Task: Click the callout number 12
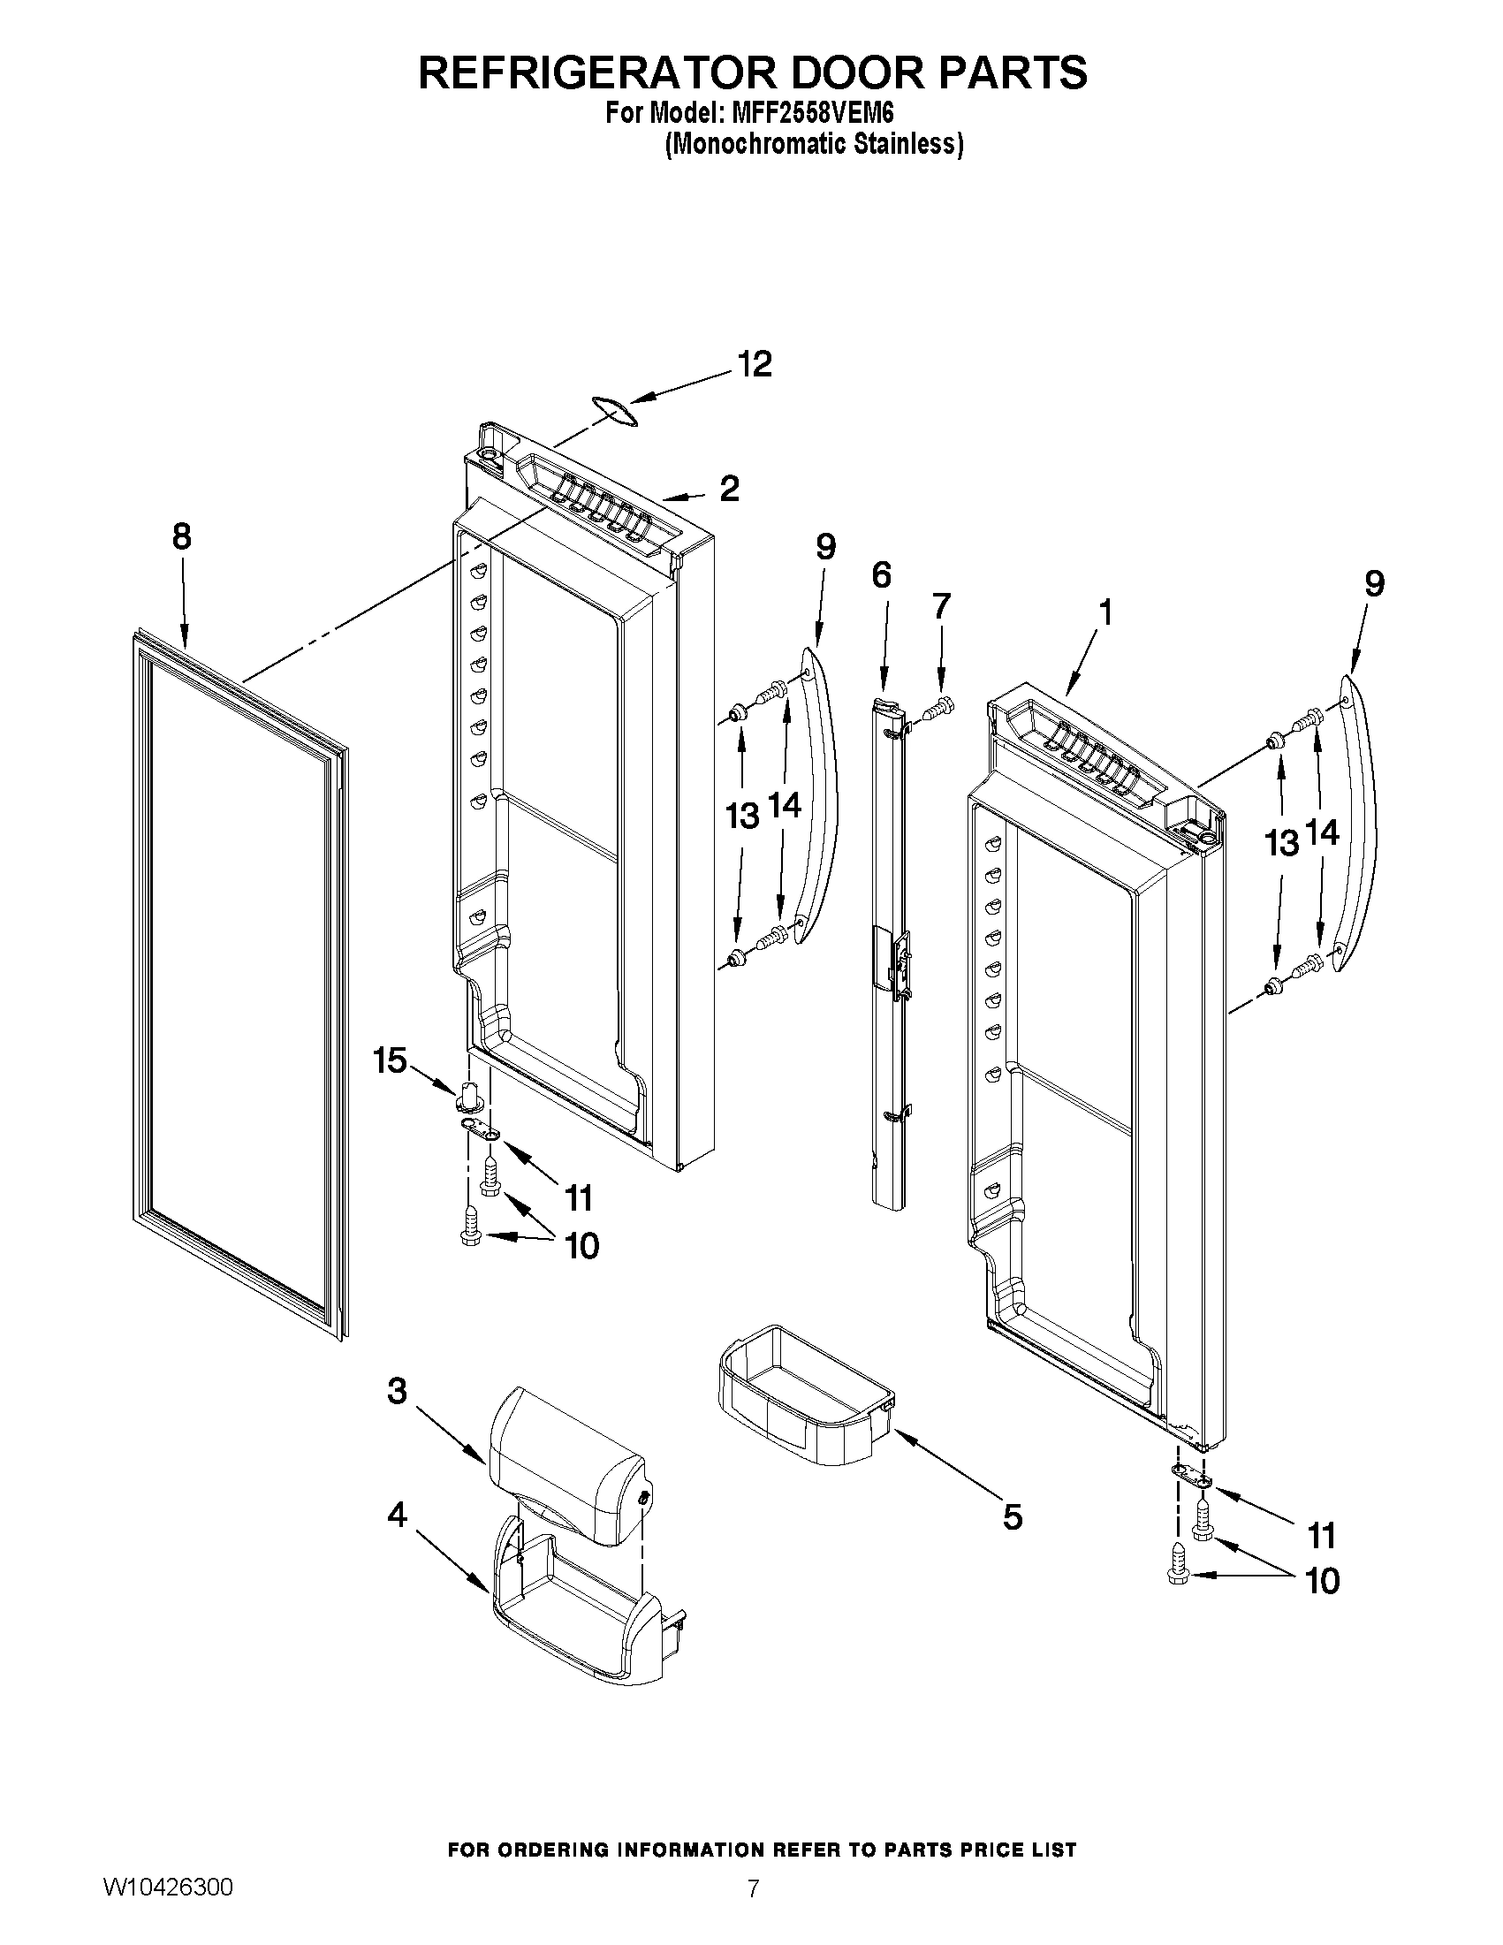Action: [755, 364]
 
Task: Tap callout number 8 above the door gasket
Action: [182, 537]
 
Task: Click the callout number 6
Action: [881, 576]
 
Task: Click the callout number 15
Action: [390, 1060]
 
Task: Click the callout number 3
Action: [397, 1390]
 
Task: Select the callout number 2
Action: [729, 488]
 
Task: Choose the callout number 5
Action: [1013, 1516]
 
